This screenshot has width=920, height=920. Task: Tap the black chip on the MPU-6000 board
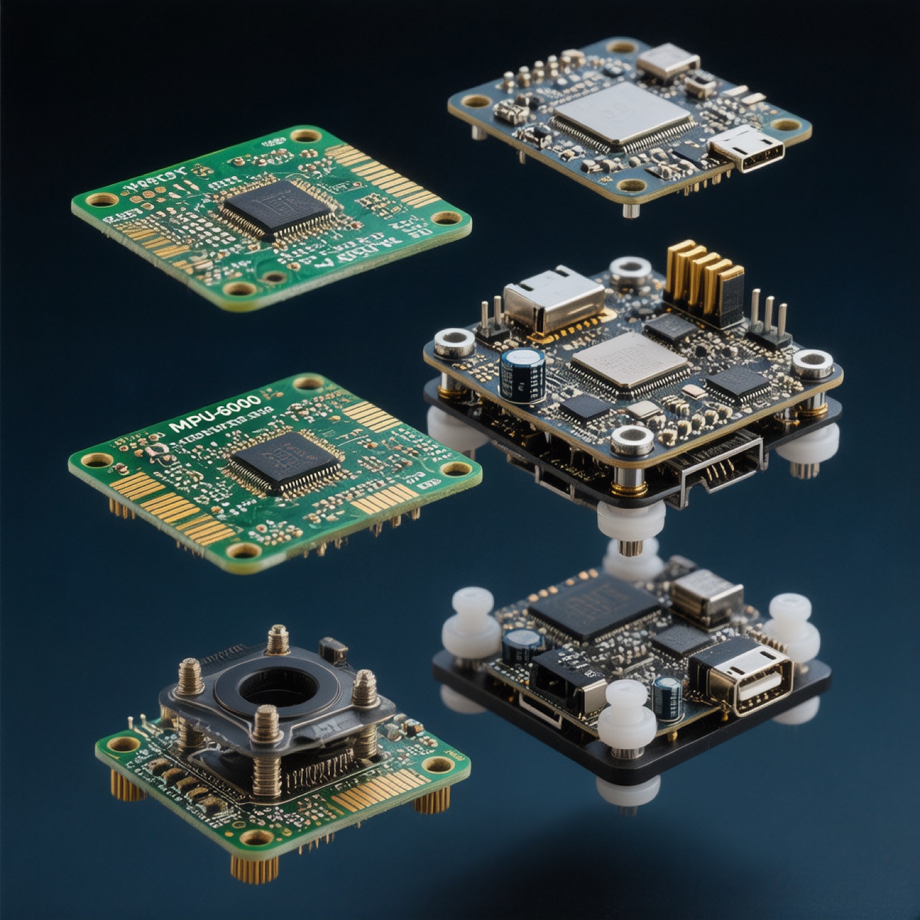284,461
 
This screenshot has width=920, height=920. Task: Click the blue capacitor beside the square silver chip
522,375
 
